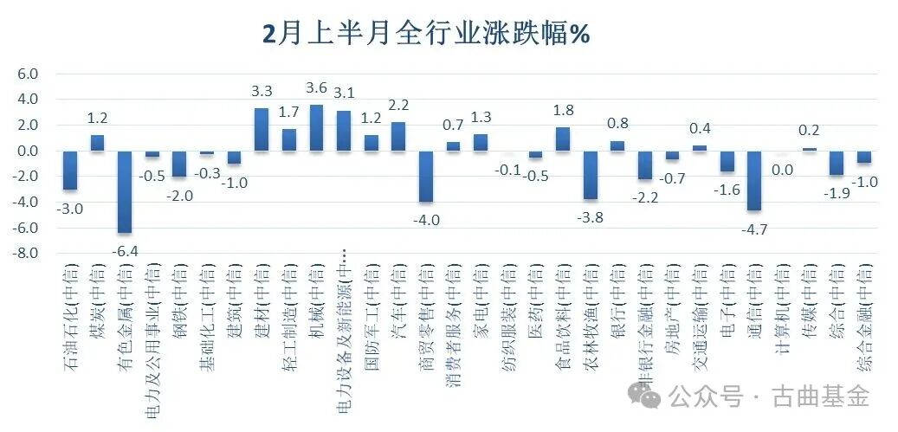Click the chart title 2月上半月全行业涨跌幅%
click(426, 34)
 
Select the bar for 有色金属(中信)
click(124, 191)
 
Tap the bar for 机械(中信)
click(316, 128)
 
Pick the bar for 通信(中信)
click(754, 180)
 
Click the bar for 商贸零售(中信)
click(425, 176)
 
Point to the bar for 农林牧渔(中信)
click(590, 175)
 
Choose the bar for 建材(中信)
click(261, 130)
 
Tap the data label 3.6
click(317, 88)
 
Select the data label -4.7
click(754, 229)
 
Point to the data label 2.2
click(398, 106)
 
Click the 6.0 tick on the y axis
click(28, 74)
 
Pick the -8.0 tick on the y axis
click(26, 254)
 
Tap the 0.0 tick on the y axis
click(28, 152)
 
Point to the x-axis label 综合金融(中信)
click(863, 317)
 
